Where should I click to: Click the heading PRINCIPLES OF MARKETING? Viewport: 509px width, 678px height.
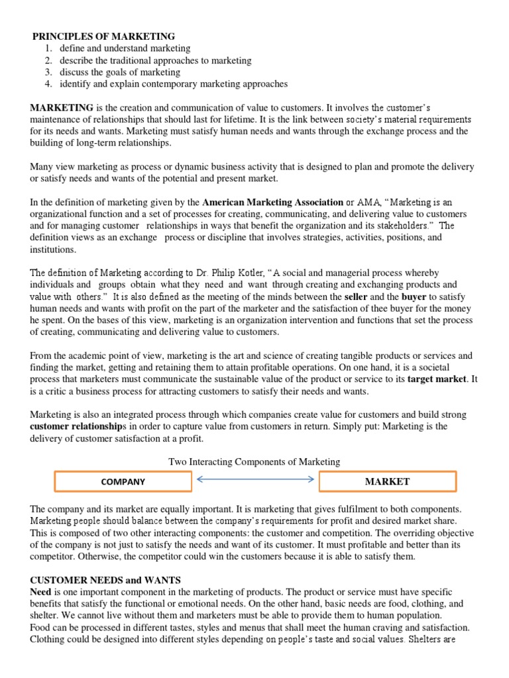coord(104,36)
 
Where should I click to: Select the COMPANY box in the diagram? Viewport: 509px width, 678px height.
coord(123,482)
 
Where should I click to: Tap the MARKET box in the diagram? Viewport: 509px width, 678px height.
coord(387,482)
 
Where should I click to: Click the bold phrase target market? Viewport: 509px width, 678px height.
coord(437,379)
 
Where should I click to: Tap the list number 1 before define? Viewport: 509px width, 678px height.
coord(48,48)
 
